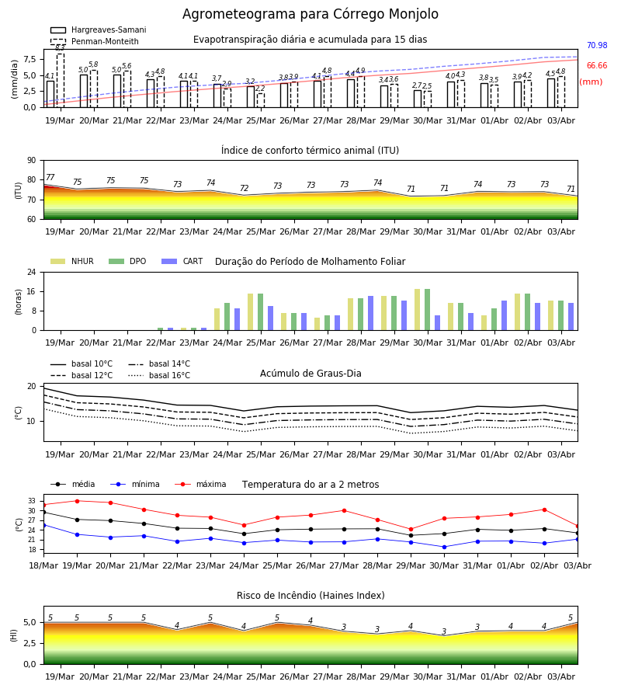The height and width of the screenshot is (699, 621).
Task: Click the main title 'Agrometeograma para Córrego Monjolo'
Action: [x=310, y=14]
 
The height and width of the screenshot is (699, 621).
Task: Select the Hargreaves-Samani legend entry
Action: [x=99, y=30]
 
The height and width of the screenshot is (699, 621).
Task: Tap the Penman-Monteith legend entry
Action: [x=95, y=41]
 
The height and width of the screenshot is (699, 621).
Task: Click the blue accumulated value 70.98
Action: [x=597, y=46]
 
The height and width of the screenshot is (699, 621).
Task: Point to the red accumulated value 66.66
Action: [x=597, y=66]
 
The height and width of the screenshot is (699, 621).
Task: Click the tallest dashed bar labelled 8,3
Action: [x=61, y=80]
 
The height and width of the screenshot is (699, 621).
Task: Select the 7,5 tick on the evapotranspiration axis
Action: [x=29, y=59]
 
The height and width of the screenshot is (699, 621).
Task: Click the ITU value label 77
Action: [x=50, y=177]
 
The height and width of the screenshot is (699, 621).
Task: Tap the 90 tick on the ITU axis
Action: [x=32, y=161]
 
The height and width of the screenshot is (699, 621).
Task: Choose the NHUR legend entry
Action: [x=72, y=261]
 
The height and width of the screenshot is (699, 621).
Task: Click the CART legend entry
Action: [x=182, y=261]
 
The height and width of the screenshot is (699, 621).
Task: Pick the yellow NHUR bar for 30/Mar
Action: [x=418, y=310]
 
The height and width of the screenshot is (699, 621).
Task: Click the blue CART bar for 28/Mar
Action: [x=370, y=314]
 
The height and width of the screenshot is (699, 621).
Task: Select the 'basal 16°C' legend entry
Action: [x=159, y=375]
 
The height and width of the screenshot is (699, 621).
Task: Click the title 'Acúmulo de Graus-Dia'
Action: [x=310, y=374]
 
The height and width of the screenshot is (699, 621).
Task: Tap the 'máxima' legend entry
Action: [x=200, y=484]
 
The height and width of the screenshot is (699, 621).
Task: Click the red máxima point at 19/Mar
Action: [x=77, y=501]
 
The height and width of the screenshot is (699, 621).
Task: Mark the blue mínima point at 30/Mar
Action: [x=444, y=547]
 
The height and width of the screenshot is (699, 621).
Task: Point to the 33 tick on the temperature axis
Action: [x=32, y=501]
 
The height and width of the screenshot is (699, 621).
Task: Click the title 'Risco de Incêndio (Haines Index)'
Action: [x=310, y=596]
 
